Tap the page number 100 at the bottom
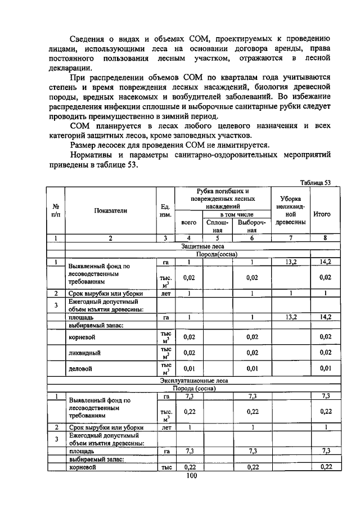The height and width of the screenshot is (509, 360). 191,476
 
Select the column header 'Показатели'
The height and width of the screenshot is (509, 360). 110,211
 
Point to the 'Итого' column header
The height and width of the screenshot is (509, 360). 325,214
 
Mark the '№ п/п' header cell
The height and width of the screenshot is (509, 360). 56,210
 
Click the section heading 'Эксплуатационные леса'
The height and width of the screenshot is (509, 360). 203,381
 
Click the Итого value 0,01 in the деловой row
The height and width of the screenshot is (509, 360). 325,369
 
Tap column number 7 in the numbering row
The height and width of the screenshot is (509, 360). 291,238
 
